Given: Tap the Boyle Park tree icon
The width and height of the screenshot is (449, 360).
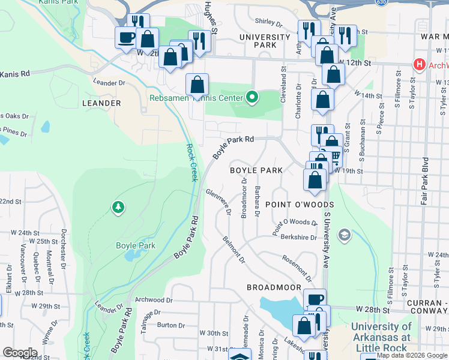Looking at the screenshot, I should [118, 208].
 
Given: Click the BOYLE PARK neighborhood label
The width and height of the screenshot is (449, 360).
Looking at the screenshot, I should [256, 170].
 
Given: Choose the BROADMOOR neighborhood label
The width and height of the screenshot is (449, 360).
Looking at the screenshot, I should [274, 287].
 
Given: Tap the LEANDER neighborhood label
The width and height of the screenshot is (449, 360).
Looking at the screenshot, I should [101, 103].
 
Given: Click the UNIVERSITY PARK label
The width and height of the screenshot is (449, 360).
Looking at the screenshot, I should [265, 41].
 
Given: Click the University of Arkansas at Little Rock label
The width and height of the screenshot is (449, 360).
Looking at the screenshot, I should [383, 337].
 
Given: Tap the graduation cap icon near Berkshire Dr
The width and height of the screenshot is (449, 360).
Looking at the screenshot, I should [343, 233].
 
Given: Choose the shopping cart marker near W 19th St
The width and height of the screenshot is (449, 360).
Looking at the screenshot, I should [334, 157].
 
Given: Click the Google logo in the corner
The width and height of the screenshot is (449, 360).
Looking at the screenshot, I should [20, 353].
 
